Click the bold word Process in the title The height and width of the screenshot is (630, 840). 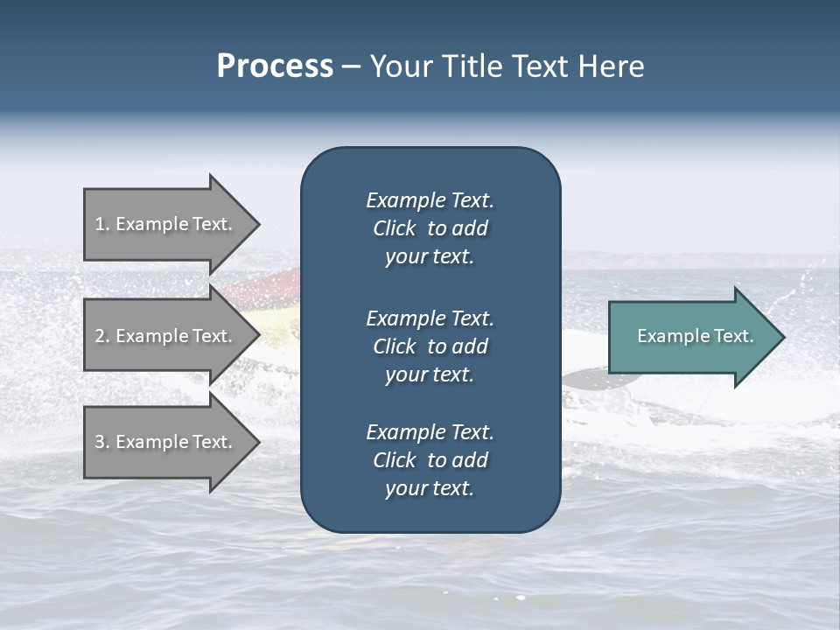(275, 66)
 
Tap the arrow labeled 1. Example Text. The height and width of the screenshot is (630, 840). (166, 224)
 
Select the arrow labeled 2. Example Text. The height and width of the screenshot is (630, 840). (166, 336)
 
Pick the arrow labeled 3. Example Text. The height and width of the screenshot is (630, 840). (166, 442)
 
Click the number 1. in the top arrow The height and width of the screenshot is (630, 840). (102, 224)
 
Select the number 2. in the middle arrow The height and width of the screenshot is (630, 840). (102, 336)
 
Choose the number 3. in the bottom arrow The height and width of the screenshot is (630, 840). (102, 442)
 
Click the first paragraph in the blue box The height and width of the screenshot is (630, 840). (430, 228)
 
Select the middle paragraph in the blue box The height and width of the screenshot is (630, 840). (430, 346)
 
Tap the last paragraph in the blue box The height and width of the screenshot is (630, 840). (430, 460)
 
